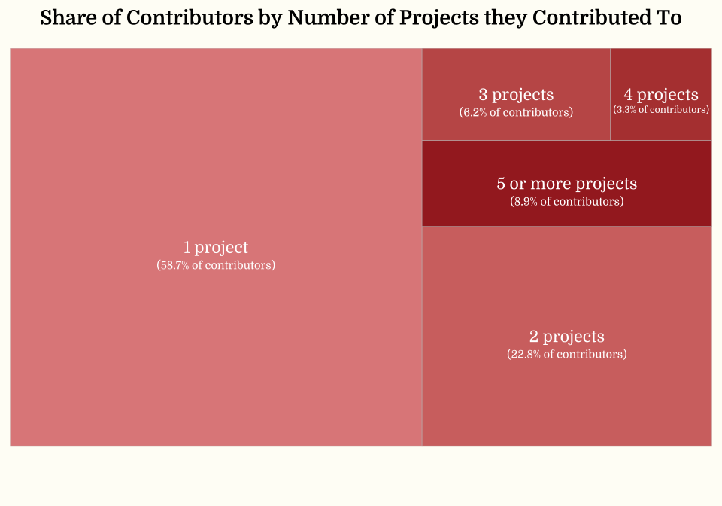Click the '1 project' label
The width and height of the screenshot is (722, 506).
[216, 247]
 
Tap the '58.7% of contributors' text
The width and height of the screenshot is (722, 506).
[216, 266]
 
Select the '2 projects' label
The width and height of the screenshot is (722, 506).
[566, 336]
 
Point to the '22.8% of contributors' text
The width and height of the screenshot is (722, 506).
[566, 354]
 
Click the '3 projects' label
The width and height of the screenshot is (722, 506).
[516, 94]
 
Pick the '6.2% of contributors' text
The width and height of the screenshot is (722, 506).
[516, 112]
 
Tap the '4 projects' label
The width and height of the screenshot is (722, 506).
[661, 94]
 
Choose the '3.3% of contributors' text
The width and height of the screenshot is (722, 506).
[661, 110]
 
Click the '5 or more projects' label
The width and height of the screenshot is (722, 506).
[566, 183]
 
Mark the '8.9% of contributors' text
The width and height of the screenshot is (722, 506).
[566, 202]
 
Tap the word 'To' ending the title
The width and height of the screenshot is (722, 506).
[669, 18]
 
